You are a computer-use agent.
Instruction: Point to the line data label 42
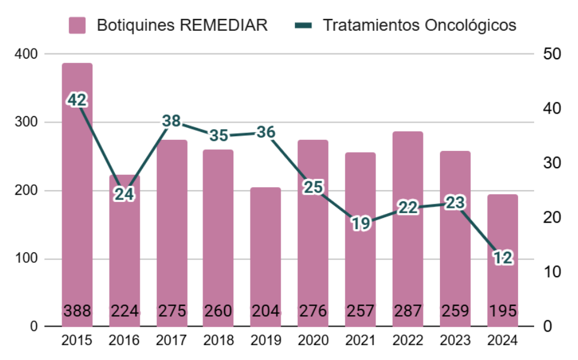(x=77, y=100)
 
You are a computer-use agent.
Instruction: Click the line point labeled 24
(x=124, y=194)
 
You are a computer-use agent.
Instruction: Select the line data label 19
(x=361, y=223)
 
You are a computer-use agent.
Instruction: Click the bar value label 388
(x=77, y=310)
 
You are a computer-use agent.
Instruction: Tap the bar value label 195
(x=503, y=310)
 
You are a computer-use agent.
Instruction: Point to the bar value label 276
(x=313, y=310)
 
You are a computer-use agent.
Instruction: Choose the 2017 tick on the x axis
(x=172, y=341)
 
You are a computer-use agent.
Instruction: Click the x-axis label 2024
(x=503, y=341)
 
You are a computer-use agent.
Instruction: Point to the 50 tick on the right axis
(x=552, y=54)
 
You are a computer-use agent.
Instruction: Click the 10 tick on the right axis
(x=552, y=272)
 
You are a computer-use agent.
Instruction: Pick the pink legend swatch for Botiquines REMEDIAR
(x=77, y=25)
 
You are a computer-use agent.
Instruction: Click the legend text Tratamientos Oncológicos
(x=419, y=25)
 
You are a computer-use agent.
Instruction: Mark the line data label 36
(x=266, y=132)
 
